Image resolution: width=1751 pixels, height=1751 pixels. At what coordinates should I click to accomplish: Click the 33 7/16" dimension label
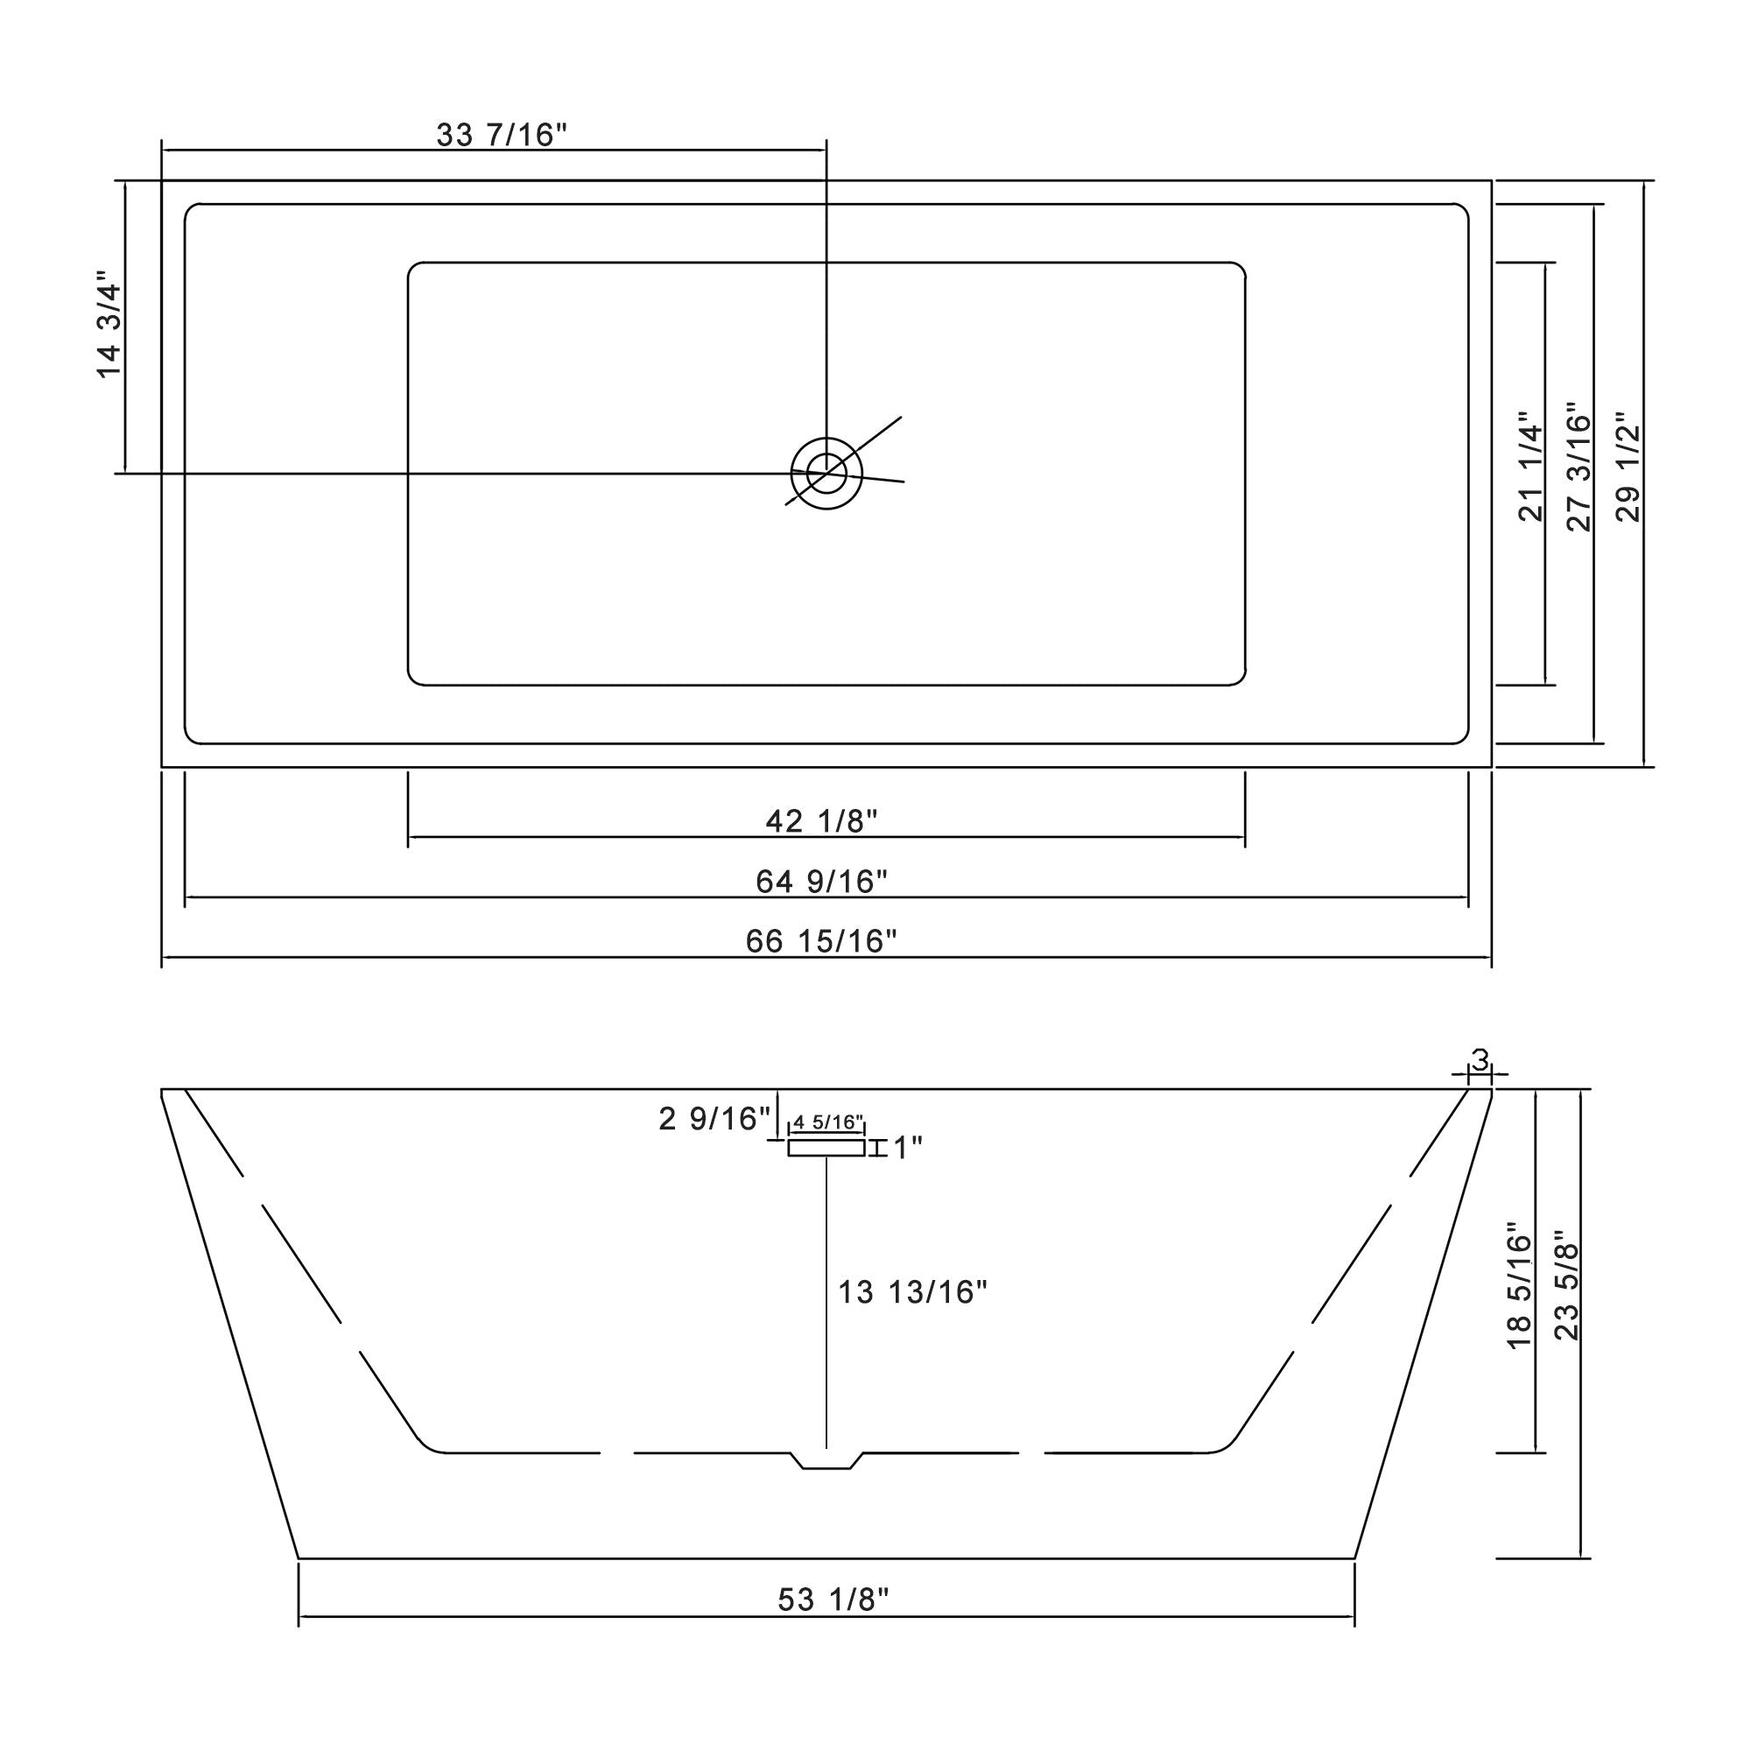click(501, 135)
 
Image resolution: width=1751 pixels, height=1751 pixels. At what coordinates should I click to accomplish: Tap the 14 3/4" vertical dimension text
click(109, 324)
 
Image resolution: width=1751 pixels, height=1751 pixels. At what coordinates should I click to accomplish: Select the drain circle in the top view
click(826, 473)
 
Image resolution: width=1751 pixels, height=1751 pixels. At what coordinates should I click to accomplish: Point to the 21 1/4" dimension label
click(1530, 467)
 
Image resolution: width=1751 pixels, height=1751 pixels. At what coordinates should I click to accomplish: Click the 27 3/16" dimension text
click(1579, 467)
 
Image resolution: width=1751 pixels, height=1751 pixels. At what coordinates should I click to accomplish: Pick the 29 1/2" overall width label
click(1628, 467)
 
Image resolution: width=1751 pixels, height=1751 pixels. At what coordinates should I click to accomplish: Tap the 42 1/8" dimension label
click(821, 821)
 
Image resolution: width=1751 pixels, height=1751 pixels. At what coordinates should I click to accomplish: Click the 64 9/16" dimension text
click(821, 881)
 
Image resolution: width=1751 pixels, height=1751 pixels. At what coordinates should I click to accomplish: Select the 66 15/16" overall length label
click(821, 942)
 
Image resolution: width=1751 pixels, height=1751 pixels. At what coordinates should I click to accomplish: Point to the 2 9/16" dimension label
click(714, 1119)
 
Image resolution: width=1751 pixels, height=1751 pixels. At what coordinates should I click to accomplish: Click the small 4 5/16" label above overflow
click(827, 1123)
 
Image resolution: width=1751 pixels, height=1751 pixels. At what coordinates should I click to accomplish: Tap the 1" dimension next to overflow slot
click(907, 1149)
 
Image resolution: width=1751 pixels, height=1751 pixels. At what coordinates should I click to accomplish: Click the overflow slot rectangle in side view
click(826, 1149)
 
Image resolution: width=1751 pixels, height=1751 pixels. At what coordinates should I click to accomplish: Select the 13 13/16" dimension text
click(911, 1292)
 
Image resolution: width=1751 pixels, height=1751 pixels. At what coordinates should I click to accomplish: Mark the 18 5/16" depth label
click(1519, 1290)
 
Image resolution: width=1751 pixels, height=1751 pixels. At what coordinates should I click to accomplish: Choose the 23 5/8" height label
click(1567, 1290)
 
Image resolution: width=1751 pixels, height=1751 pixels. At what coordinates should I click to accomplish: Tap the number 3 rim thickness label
click(1480, 1059)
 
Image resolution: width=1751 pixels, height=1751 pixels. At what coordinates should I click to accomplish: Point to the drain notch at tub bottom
click(826, 1461)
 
